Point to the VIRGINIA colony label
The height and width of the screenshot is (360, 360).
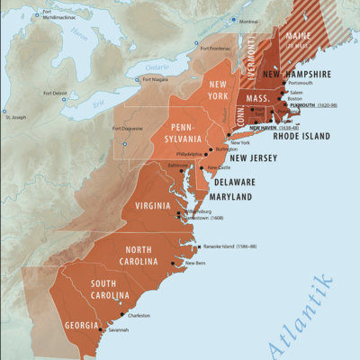point(152,205)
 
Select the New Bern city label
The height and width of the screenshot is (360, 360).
point(195,263)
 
